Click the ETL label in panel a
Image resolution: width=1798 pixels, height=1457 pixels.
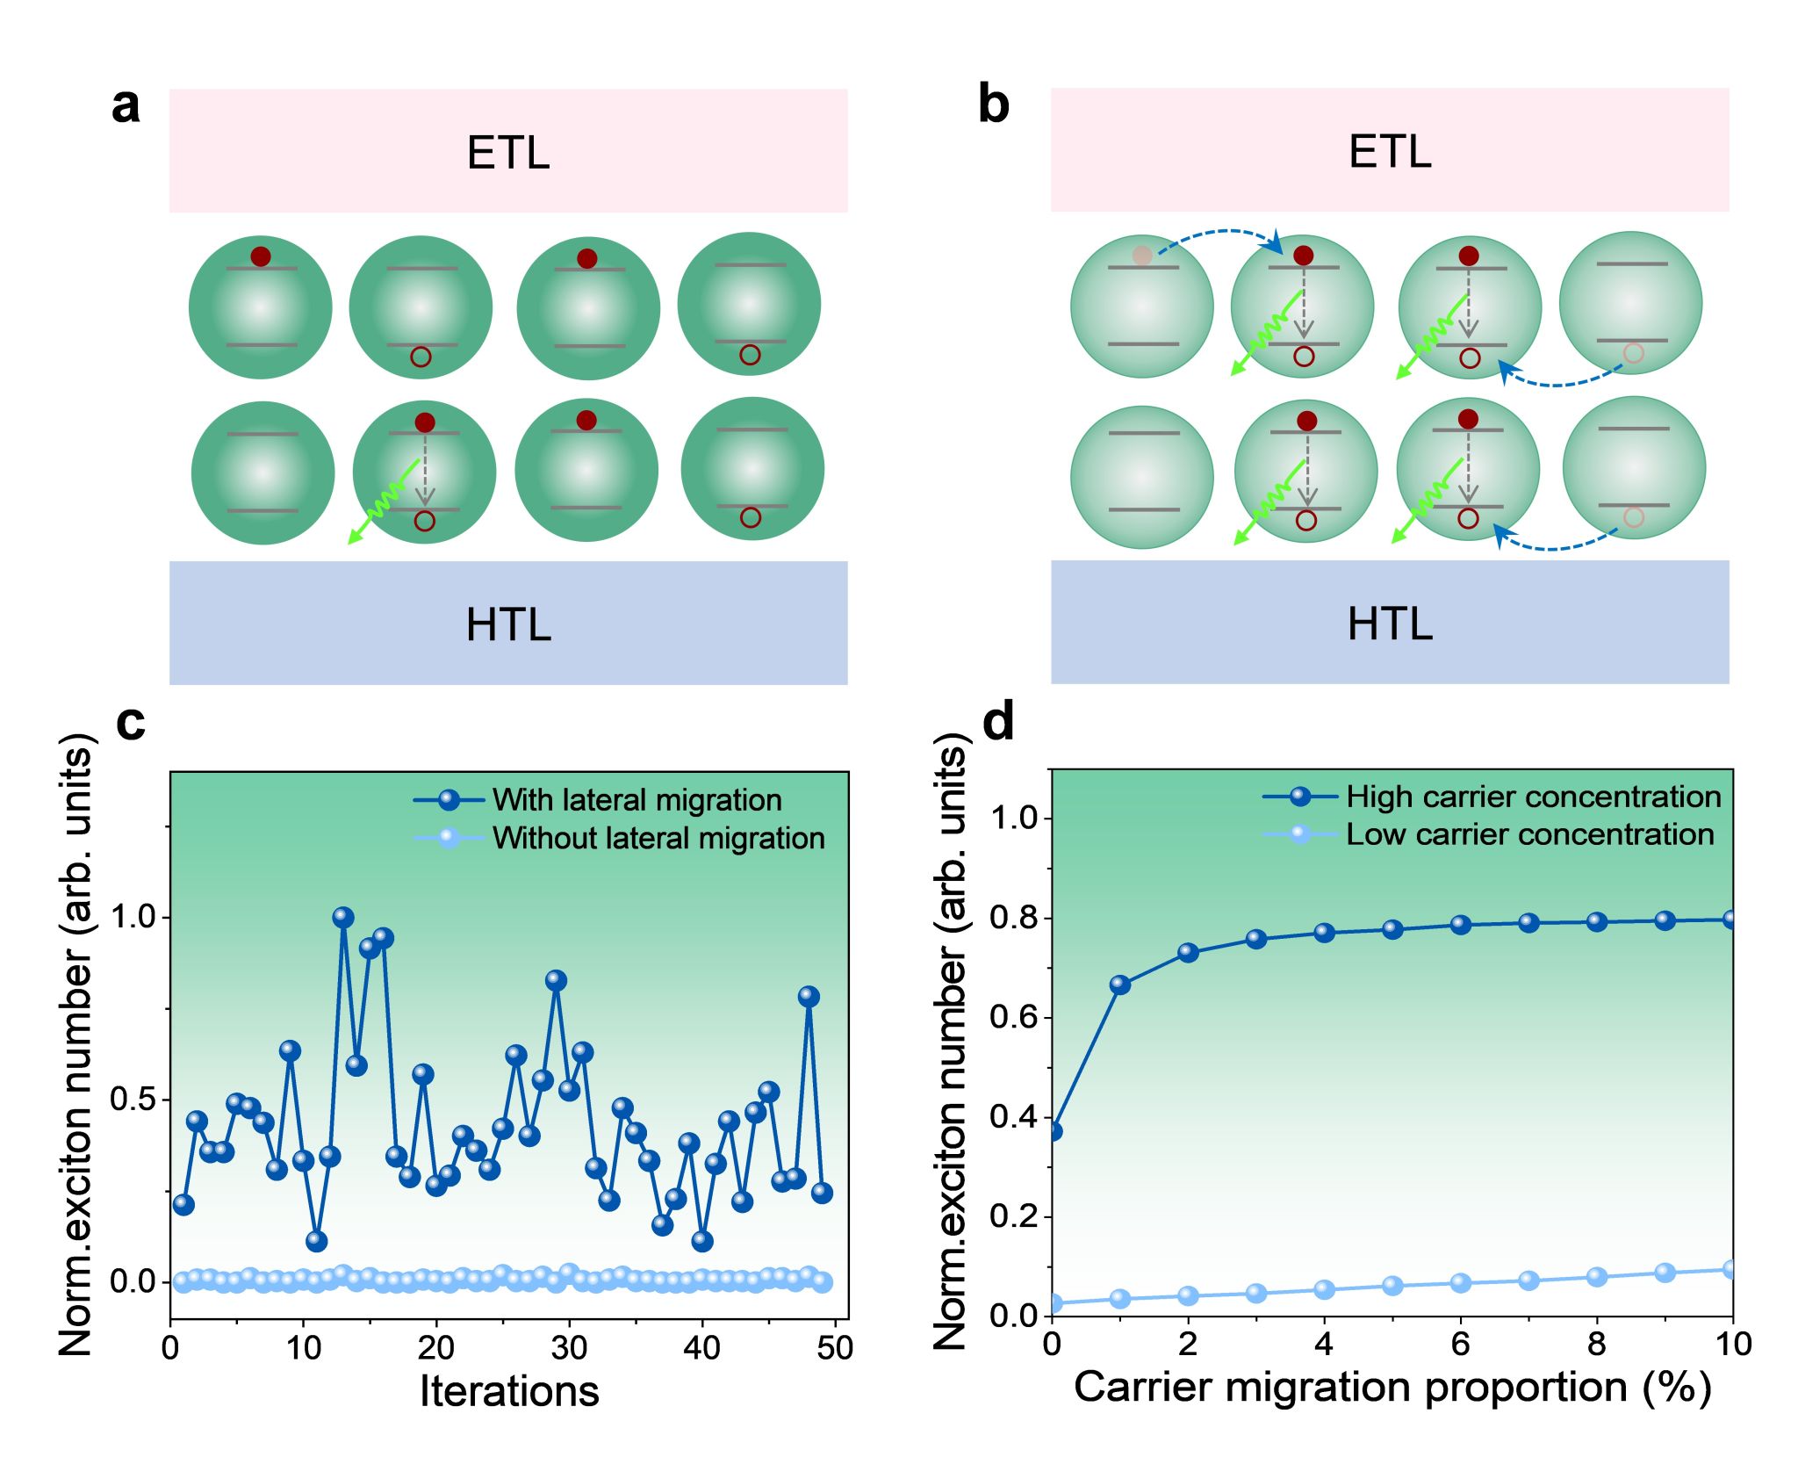point(508,153)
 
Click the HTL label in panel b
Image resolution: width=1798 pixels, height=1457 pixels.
point(1390,624)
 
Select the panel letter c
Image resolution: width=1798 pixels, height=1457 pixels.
point(131,722)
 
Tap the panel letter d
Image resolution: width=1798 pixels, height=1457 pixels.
point(998,722)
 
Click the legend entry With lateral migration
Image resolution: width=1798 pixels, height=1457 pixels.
point(636,800)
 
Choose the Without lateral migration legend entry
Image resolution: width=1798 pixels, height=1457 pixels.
point(658,838)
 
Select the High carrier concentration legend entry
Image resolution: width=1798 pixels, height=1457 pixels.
point(1533,797)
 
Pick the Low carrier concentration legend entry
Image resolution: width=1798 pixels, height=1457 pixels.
point(1529,834)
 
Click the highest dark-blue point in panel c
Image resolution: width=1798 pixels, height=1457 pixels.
point(343,917)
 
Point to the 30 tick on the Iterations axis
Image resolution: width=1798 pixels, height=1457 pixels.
point(569,1347)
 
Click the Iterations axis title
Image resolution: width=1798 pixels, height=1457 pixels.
point(509,1391)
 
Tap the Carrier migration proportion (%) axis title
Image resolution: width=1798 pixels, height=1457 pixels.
point(1392,1388)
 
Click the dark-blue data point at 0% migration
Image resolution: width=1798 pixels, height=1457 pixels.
point(1054,1130)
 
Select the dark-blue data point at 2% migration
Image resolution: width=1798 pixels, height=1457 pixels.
point(1188,953)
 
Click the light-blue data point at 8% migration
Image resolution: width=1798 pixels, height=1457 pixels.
point(1597,1277)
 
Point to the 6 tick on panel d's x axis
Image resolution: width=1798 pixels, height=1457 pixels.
point(1460,1344)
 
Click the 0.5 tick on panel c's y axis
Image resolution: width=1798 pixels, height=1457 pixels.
point(133,1100)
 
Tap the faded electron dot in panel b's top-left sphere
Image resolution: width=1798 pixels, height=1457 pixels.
point(1142,256)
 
